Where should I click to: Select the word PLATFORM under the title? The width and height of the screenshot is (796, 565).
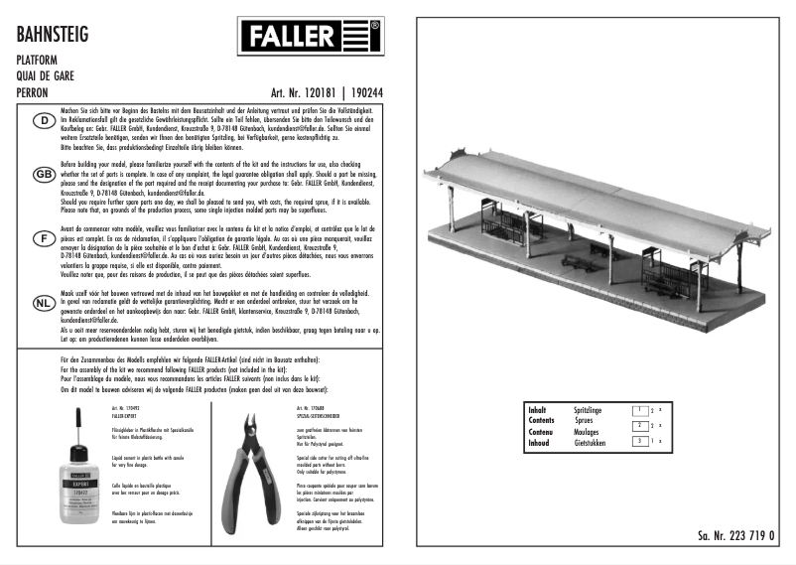click(36, 61)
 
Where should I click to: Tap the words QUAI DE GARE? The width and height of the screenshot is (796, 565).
click(47, 75)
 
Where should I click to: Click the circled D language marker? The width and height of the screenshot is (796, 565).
click(44, 122)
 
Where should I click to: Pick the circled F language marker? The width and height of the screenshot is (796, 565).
click(44, 239)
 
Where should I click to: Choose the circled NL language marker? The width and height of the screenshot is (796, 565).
click(44, 303)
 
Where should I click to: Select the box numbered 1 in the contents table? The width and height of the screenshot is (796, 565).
click(642, 409)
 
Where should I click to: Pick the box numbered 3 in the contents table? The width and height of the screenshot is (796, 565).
click(642, 440)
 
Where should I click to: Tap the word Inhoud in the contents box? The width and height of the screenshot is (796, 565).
click(539, 443)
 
